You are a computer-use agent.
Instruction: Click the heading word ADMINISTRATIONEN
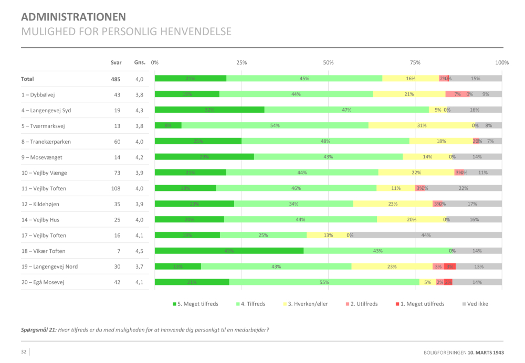point(73,17)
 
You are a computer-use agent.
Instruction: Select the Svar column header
point(116,62)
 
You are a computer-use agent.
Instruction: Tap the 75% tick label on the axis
point(415,62)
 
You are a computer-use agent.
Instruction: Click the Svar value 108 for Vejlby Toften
point(114,188)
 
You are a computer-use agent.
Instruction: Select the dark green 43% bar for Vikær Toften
point(229,251)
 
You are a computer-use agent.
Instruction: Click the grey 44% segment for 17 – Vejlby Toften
point(426,235)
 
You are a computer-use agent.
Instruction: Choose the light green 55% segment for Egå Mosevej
point(324,282)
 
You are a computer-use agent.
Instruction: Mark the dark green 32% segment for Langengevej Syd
point(209,110)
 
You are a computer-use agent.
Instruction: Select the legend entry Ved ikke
point(475,304)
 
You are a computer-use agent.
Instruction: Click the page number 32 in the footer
point(24,351)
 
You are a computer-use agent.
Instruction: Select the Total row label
point(27,79)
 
